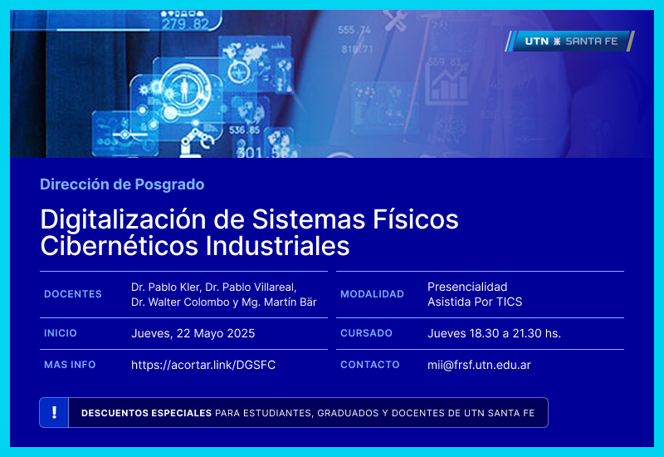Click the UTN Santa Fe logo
pos(569,41)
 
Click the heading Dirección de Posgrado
pos(122,184)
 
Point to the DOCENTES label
pos(73,294)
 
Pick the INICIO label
pos(61,333)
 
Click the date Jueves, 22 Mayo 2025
pos(193,333)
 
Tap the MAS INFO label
pos(70,365)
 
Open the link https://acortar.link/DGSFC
pos(203,365)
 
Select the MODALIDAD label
pos(372,294)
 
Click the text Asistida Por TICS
pos(475,302)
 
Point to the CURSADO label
pos(366,333)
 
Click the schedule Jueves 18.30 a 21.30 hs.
pos(494,333)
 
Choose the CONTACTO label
pos(370,365)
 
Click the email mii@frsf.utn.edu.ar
pos(479,365)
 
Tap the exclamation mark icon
pos(54,412)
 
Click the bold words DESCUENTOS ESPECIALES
pos(146,413)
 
